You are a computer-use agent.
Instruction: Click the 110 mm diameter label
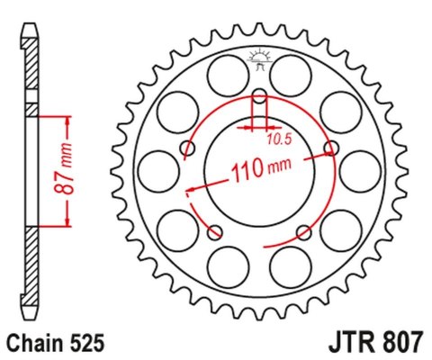point(261,168)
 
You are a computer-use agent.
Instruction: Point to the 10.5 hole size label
point(278,139)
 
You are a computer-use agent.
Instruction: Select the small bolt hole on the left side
point(187,148)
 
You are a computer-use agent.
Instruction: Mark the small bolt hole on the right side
point(333,148)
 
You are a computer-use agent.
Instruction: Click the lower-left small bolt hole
point(214,233)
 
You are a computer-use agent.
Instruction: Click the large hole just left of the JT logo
point(224,71)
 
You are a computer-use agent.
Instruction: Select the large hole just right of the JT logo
point(295,71)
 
